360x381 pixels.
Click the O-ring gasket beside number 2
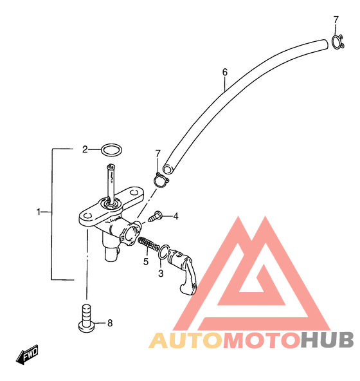(x=111, y=145)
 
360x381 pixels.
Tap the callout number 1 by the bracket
(x=39, y=212)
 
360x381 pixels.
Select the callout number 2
(x=85, y=149)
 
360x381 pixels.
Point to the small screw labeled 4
(x=155, y=216)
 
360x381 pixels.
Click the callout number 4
(x=175, y=216)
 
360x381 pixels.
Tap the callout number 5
(x=146, y=262)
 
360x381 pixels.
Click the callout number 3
(x=161, y=274)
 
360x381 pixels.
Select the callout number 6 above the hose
(x=225, y=72)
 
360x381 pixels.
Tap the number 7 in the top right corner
(x=336, y=20)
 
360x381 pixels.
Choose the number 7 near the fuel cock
(x=157, y=154)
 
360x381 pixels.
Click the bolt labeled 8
(x=86, y=319)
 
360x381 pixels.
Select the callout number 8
(x=110, y=323)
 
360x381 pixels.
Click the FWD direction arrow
(x=27, y=355)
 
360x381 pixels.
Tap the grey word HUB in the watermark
(x=327, y=340)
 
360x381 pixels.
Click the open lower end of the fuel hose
(x=167, y=169)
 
